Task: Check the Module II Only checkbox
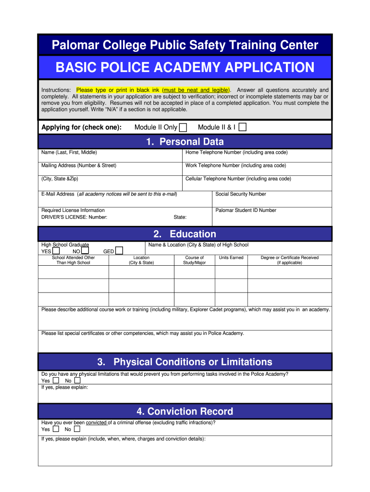click(x=183, y=127)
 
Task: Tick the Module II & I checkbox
click(x=243, y=127)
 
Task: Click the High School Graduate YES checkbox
click(x=56, y=251)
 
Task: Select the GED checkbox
click(x=119, y=251)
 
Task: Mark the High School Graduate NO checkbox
click(x=85, y=251)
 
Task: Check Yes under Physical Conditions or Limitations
click(x=56, y=381)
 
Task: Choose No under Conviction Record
click(x=77, y=429)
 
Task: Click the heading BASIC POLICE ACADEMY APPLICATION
click(x=185, y=67)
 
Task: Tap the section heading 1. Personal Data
click(x=185, y=142)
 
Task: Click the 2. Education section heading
click(x=185, y=234)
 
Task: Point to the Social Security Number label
click(x=241, y=194)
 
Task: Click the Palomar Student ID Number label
click(x=246, y=210)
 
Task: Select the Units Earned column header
click(x=231, y=258)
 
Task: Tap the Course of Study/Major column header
click(x=195, y=260)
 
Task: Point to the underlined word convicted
click(x=97, y=422)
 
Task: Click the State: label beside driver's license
click(x=180, y=217)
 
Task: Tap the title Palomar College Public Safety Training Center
click(x=185, y=46)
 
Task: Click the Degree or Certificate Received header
click(x=289, y=260)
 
